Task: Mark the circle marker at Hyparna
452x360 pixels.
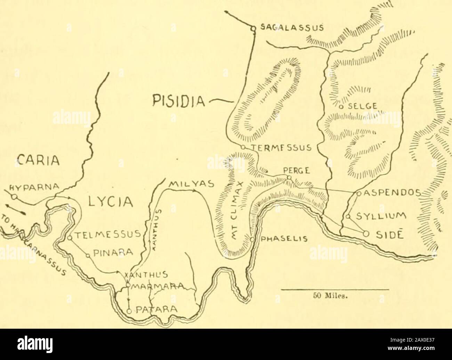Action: tap(14, 197)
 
